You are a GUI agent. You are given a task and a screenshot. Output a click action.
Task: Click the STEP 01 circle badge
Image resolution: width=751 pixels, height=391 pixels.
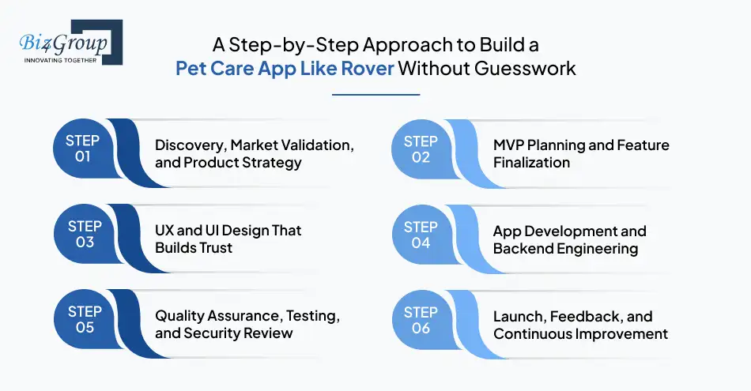pos(83,149)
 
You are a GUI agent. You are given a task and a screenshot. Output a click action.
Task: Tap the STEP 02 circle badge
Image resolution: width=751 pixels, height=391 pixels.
pos(421,149)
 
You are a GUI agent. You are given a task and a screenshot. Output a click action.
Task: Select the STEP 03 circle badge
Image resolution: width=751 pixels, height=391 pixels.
pos(83,235)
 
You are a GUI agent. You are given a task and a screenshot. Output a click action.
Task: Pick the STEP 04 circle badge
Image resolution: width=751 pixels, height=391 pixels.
pos(421,235)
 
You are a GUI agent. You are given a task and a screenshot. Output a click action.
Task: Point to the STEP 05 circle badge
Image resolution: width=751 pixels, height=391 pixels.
pos(83,320)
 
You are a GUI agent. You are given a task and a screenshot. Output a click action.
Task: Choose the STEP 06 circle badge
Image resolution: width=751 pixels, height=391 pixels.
pos(421,320)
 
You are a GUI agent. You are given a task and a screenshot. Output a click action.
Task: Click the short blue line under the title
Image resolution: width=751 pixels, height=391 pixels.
pos(375,95)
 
